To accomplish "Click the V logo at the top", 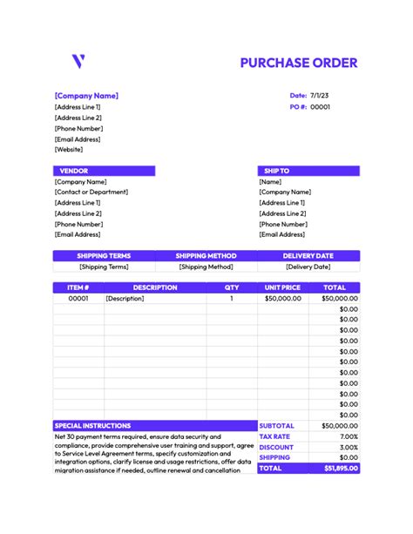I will [x=78, y=62].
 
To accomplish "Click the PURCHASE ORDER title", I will [x=299, y=63].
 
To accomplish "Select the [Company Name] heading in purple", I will [x=86, y=96].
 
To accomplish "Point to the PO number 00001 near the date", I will [x=321, y=107].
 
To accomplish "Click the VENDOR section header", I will [x=73, y=171].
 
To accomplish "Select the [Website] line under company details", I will [x=69, y=149].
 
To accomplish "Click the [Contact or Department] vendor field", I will [x=91, y=192].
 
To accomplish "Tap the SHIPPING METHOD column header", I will [x=206, y=256].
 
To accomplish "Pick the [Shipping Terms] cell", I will [x=104, y=267].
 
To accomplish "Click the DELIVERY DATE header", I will [x=308, y=256].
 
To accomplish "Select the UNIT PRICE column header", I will [x=282, y=287].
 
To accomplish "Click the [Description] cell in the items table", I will [x=124, y=298].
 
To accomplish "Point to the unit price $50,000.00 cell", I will [x=283, y=298].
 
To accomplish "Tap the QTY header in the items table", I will [x=232, y=287].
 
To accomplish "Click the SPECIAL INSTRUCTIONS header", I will [x=92, y=426].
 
